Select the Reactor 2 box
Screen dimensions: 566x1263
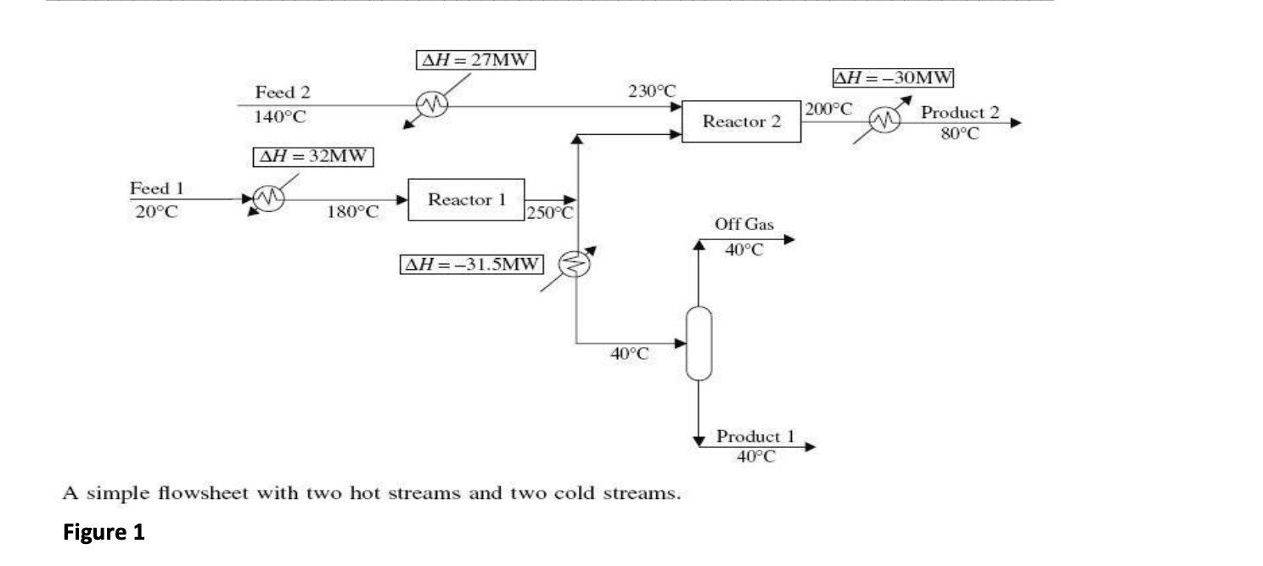click(x=741, y=121)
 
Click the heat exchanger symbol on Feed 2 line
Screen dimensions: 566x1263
click(x=430, y=106)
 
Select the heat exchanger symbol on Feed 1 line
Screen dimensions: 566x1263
click(x=269, y=199)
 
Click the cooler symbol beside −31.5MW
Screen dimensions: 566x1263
click(x=574, y=265)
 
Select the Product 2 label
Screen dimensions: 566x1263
click(x=953, y=112)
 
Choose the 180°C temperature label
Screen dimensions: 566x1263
click(x=352, y=211)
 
